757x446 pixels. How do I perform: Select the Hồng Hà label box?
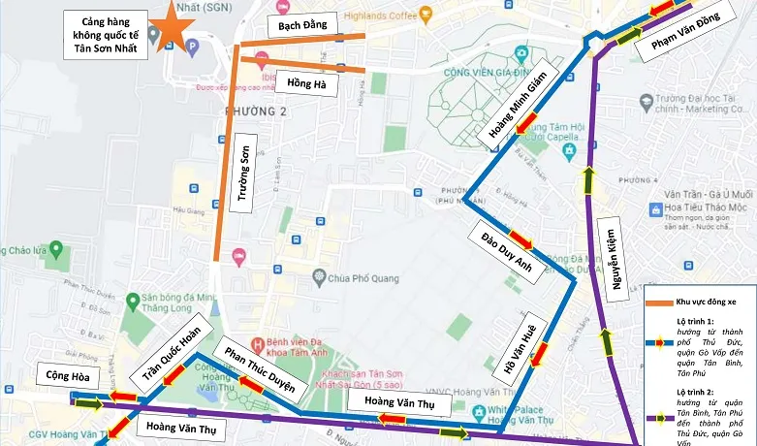306,82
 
